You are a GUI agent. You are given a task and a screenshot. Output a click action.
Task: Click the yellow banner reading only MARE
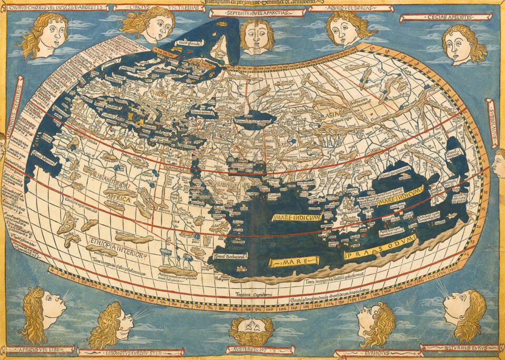click(x=294, y=261)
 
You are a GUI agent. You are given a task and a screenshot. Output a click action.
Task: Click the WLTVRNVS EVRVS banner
click(x=460, y=348)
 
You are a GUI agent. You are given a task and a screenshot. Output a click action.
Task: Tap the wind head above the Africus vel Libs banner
click(x=42, y=311)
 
